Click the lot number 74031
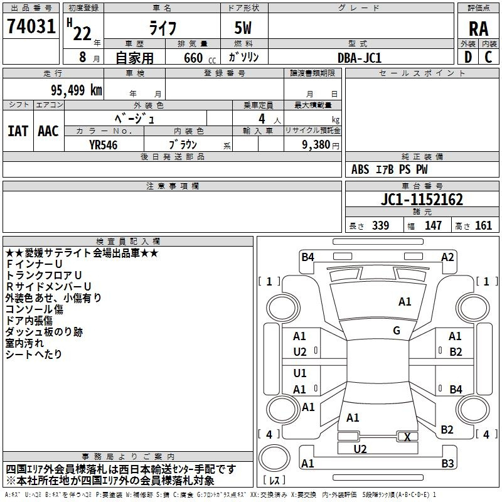pos(31,26)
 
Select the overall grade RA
pos(479,29)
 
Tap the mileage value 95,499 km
pos(76,90)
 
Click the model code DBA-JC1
pos(360,58)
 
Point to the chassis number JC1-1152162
pos(422,200)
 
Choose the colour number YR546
pos(104,145)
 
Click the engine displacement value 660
pos(193,58)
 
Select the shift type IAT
pos(18,131)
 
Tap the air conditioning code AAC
pos(48,131)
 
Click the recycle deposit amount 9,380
pos(316,145)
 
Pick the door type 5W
pos(243,28)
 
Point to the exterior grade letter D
pos(468,57)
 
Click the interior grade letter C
pos(488,57)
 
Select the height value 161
pos(483,226)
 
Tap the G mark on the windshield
pos(397,331)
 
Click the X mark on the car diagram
pos(407,437)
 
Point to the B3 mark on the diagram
pos(447,463)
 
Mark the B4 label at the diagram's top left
pos(307,257)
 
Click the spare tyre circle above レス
pos(274,458)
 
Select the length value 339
pos(381,226)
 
